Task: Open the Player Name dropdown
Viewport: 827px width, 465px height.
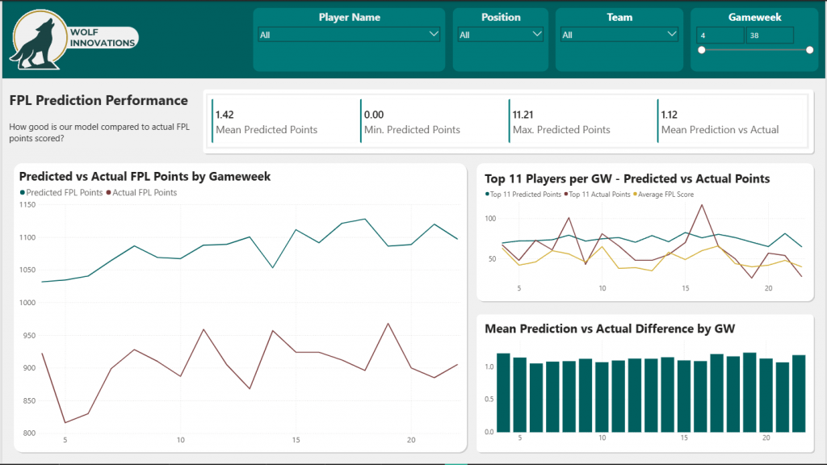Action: [x=349, y=35]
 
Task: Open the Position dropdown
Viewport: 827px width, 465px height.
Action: [x=501, y=35]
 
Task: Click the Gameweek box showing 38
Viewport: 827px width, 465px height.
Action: [x=769, y=36]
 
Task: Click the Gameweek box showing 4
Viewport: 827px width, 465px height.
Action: [x=720, y=36]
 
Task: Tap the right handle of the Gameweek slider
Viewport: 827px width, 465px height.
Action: [x=809, y=50]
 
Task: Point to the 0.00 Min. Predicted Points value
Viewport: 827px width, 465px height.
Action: [x=374, y=115]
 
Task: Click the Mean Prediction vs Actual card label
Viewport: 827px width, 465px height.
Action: [x=720, y=130]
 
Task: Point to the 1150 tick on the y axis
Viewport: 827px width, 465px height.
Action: [x=27, y=205]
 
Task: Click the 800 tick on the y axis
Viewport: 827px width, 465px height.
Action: [x=29, y=434]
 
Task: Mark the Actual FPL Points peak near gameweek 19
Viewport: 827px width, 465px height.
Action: [x=388, y=324]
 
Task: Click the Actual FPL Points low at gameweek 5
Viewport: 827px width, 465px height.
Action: [x=65, y=422]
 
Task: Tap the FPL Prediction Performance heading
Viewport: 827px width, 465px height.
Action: [x=99, y=101]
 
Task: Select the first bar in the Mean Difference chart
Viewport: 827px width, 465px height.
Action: [x=503, y=392]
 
